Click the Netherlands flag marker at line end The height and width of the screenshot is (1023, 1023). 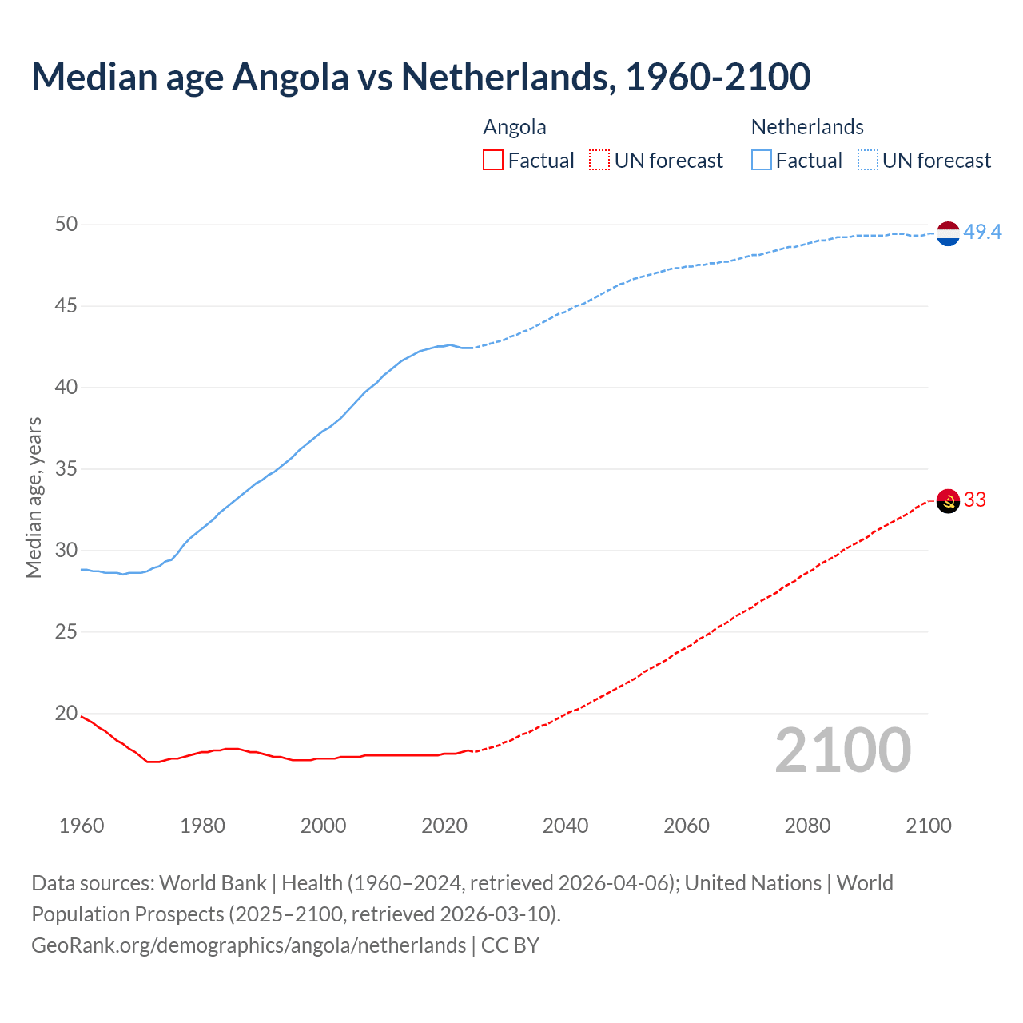click(947, 233)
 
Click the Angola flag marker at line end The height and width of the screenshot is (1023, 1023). click(947, 501)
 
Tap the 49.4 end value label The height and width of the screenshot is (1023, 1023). click(982, 232)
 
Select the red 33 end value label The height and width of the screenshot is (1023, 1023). click(975, 500)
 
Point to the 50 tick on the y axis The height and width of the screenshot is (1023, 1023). click(66, 224)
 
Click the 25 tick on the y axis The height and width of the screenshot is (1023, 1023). click(66, 631)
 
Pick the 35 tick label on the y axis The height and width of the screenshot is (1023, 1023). click(66, 468)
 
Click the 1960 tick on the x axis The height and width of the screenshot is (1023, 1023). click(82, 826)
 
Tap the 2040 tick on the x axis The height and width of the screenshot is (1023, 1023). click(565, 826)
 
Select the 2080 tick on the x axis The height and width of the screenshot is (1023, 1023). click(807, 826)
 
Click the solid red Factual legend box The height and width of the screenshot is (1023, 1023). click(493, 161)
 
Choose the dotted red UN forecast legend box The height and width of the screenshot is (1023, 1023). click(599, 161)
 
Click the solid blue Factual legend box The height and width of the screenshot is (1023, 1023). click(762, 161)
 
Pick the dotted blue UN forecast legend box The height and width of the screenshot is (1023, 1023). click(867, 161)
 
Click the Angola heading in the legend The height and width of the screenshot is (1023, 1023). click(515, 127)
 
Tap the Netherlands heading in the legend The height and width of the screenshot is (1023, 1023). click(807, 127)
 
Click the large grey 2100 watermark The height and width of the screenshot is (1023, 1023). click(842, 750)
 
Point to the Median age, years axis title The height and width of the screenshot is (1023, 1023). click(34, 497)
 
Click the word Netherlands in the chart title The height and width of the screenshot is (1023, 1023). click(508, 77)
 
